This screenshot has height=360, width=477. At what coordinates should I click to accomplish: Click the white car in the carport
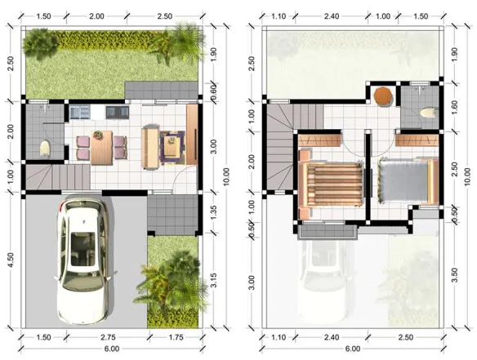(x=82, y=261)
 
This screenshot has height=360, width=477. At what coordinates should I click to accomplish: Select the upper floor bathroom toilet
(x=429, y=113)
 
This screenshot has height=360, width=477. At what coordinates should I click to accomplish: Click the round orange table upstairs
(x=383, y=96)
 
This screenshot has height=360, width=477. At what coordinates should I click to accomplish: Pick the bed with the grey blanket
(x=408, y=180)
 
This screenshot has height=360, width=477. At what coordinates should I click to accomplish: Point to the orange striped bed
(x=332, y=184)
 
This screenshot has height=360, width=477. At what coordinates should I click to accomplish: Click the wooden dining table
(x=101, y=148)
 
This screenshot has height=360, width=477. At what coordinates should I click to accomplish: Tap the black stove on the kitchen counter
(x=118, y=112)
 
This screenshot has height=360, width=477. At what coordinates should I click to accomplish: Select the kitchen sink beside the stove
(x=80, y=112)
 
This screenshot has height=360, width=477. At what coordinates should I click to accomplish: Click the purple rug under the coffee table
(x=172, y=148)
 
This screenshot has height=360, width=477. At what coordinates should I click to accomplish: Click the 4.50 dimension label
(x=11, y=260)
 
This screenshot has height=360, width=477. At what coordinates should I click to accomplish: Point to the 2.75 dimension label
(x=109, y=337)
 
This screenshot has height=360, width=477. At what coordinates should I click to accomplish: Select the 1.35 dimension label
(x=213, y=212)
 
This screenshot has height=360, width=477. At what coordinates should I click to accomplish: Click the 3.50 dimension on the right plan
(x=454, y=275)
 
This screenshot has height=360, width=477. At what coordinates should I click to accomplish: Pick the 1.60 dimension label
(x=454, y=108)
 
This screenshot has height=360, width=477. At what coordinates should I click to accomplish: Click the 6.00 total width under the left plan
(x=112, y=349)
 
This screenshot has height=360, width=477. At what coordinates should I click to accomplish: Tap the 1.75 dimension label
(x=176, y=337)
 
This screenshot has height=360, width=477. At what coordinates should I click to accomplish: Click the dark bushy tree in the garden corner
(x=40, y=43)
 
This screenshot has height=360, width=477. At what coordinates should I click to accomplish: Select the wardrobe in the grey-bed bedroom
(x=417, y=140)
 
